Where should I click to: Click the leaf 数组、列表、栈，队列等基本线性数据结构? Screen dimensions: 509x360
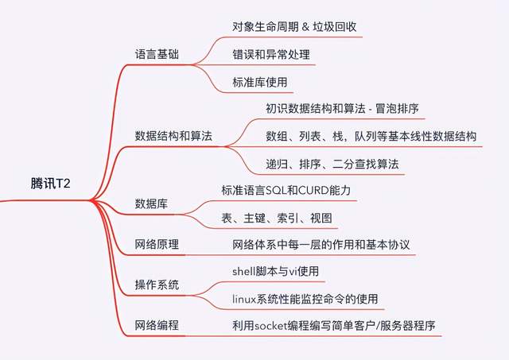371,136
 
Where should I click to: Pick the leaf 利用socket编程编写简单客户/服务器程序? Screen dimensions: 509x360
332,326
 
